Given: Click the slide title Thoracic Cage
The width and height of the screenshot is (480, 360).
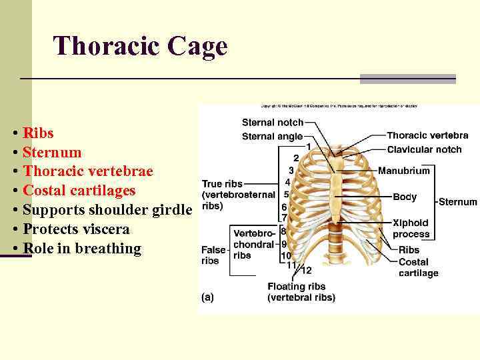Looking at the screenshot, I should [x=140, y=46].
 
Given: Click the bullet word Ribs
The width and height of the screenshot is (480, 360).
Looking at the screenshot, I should [x=38, y=132].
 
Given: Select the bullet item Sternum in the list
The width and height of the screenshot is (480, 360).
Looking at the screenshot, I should [x=52, y=152].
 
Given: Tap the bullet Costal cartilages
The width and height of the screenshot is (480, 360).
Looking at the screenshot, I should [x=79, y=191].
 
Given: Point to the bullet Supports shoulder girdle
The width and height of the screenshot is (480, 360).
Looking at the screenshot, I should [x=107, y=210].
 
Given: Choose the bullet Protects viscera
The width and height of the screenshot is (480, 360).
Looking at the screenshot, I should [x=76, y=229].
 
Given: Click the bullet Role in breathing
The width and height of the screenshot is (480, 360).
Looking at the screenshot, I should [x=82, y=249].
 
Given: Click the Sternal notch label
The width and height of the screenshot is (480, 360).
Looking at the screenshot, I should [x=272, y=123].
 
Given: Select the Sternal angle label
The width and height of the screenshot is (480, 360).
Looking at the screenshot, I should [x=272, y=136].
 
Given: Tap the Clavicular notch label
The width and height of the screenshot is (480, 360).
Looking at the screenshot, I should [x=424, y=149].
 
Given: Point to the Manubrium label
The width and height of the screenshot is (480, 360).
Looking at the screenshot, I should [x=403, y=171].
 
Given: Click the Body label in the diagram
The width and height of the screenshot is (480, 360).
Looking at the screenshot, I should [x=405, y=197].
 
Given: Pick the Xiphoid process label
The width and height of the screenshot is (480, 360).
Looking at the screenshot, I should [x=411, y=229].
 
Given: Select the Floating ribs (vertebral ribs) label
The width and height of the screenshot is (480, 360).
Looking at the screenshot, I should [x=301, y=292].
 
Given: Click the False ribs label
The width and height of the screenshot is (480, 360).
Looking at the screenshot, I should [x=213, y=255].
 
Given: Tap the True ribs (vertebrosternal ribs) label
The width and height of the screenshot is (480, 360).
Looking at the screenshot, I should [x=238, y=195].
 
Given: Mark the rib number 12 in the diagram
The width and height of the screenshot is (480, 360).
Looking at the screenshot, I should [x=306, y=271].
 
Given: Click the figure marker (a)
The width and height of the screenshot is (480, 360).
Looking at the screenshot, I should [x=207, y=297].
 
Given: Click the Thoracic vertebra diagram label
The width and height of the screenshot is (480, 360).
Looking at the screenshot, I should [x=427, y=135].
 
